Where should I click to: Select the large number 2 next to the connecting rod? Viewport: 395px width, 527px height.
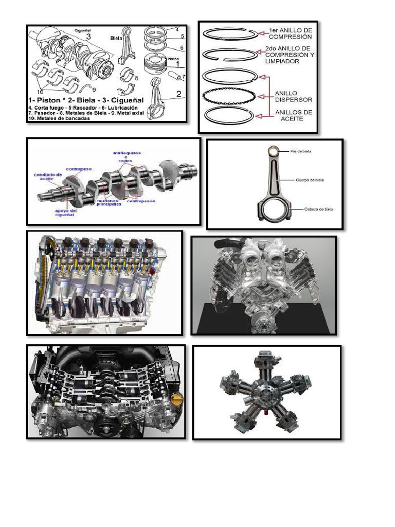[x=178, y=94]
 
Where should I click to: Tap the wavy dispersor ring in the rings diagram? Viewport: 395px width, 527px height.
[x=227, y=96]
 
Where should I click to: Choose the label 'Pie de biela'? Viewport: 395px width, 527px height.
[x=301, y=151]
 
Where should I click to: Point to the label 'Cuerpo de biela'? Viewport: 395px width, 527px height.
[x=310, y=181]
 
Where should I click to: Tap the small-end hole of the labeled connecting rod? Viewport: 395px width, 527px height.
[x=276, y=150]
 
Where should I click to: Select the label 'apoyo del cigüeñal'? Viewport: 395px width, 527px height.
[x=65, y=212]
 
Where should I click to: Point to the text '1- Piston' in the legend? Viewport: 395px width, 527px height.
[x=48, y=96]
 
